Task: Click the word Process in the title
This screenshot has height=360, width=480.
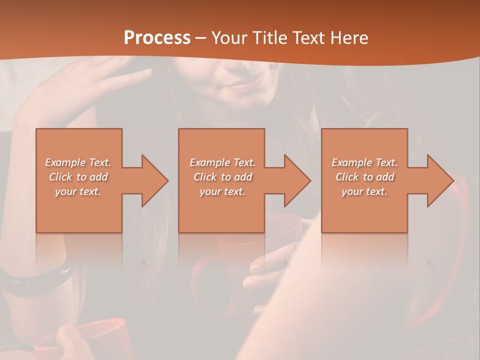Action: click(x=157, y=38)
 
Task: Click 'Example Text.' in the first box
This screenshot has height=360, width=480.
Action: click(x=78, y=162)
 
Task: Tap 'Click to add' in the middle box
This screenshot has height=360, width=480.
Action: click(x=222, y=177)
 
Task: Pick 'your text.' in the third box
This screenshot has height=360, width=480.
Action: click(x=364, y=191)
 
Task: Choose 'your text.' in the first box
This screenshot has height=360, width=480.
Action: click(x=78, y=191)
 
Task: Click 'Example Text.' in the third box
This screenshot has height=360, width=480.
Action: click(x=364, y=162)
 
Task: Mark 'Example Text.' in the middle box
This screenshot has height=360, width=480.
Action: click(x=222, y=162)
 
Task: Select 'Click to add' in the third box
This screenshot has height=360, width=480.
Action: click(x=364, y=177)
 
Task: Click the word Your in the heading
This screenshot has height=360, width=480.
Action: click(x=229, y=38)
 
